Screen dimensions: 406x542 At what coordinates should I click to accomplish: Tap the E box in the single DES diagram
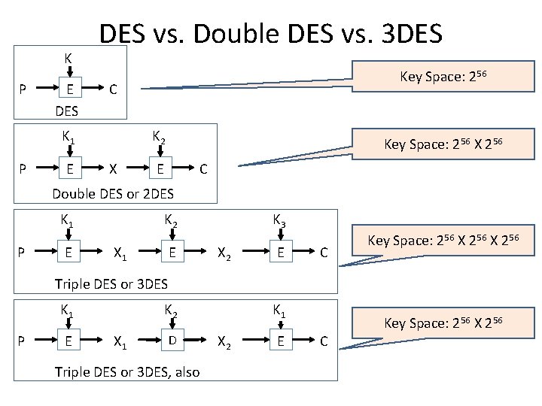click(70, 89)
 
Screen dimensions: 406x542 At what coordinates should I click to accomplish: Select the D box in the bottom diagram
click(172, 340)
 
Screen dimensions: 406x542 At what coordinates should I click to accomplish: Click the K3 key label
click(279, 220)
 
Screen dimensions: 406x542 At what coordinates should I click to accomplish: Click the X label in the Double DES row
click(112, 168)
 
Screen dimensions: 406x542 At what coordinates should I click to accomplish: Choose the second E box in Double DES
click(160, 168)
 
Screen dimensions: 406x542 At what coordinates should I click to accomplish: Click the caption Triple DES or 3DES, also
click(127, 371)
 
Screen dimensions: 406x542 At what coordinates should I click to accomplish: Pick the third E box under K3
click(279, 253)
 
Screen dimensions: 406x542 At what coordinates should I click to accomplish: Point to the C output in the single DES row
click(112, 89)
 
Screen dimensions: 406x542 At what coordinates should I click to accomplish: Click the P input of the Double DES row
click(23, 168)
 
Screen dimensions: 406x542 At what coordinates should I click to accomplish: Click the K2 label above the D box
click(172, 308)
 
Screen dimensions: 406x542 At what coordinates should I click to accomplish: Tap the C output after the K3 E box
click(323, 253)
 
